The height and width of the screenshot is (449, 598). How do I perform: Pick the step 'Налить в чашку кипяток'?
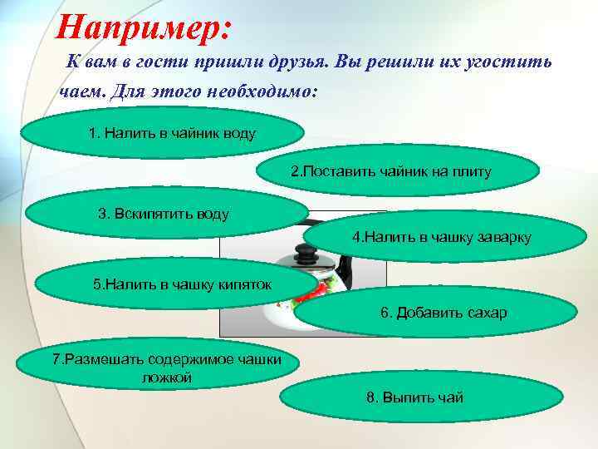(179, 284)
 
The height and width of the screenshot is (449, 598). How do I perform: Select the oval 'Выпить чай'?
(414, 397)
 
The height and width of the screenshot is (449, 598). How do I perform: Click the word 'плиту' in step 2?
(473, 172)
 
